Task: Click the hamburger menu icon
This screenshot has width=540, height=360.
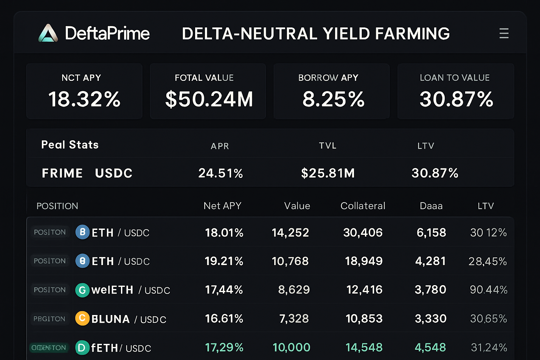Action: [504, 33]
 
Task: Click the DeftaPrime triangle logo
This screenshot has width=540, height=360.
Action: [48, 33]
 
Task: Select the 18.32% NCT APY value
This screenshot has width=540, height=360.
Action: [84, 99]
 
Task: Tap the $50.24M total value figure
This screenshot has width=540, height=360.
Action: [209, 99]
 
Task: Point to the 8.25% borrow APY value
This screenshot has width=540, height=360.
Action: [333, 99]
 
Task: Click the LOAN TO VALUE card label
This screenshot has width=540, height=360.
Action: [455, 78]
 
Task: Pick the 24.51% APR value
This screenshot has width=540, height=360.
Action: [220, 173]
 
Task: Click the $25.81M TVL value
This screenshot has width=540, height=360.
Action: [328, 173]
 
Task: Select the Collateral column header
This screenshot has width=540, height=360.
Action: [363, 206]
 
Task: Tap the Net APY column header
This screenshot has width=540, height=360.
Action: [222, 206]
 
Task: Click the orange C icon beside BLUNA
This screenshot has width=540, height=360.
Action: [82, 319]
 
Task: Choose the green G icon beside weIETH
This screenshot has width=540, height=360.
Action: [82, 290]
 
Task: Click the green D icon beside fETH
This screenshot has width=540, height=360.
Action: [82, 348]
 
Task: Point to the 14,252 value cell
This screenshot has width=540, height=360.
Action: [290, 233]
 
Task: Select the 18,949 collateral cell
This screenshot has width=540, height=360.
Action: [364, 261]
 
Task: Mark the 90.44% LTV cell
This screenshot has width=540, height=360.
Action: [488, 290]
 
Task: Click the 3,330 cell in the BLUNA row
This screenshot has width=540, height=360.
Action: [430, 319]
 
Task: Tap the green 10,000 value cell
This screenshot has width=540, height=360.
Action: [291, 348]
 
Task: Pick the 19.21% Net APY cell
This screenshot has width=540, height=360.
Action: [224, 261]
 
